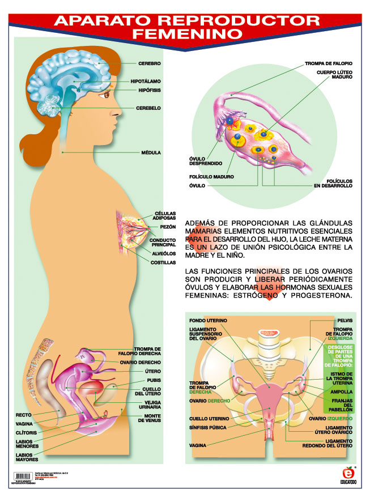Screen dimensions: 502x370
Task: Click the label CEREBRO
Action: (x=150, y=63)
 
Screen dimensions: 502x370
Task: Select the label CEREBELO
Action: (x=149, y=108)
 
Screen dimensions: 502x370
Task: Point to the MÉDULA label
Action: (x=152, y=152)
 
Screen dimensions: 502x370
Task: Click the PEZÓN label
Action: (x=168, y=227)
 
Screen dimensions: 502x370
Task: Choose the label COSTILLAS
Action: (x=163, y=263)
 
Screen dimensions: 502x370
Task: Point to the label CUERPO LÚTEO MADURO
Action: (x=334, y=75)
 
